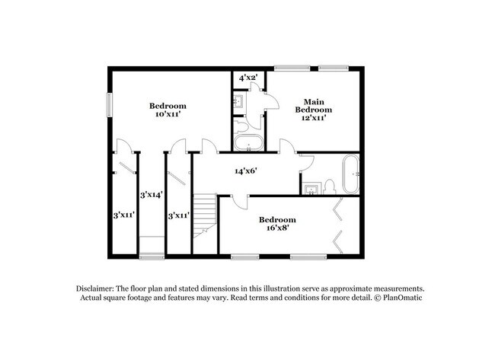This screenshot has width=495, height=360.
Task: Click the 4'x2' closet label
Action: pyautogui.click(x=247, y=78)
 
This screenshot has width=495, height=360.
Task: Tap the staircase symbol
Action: pyautogui.click(x=204, y=215)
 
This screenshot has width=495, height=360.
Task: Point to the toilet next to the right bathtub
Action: pyautogui.click(x=329, y=186)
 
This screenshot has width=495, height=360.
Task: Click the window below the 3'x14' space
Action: pyautogui.click(x=152, y=256)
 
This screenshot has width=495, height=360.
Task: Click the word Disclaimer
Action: pyautogui.click(x=96, y=289)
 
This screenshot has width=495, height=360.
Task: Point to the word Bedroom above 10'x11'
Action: pyautogui.click(x=168, y=106)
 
